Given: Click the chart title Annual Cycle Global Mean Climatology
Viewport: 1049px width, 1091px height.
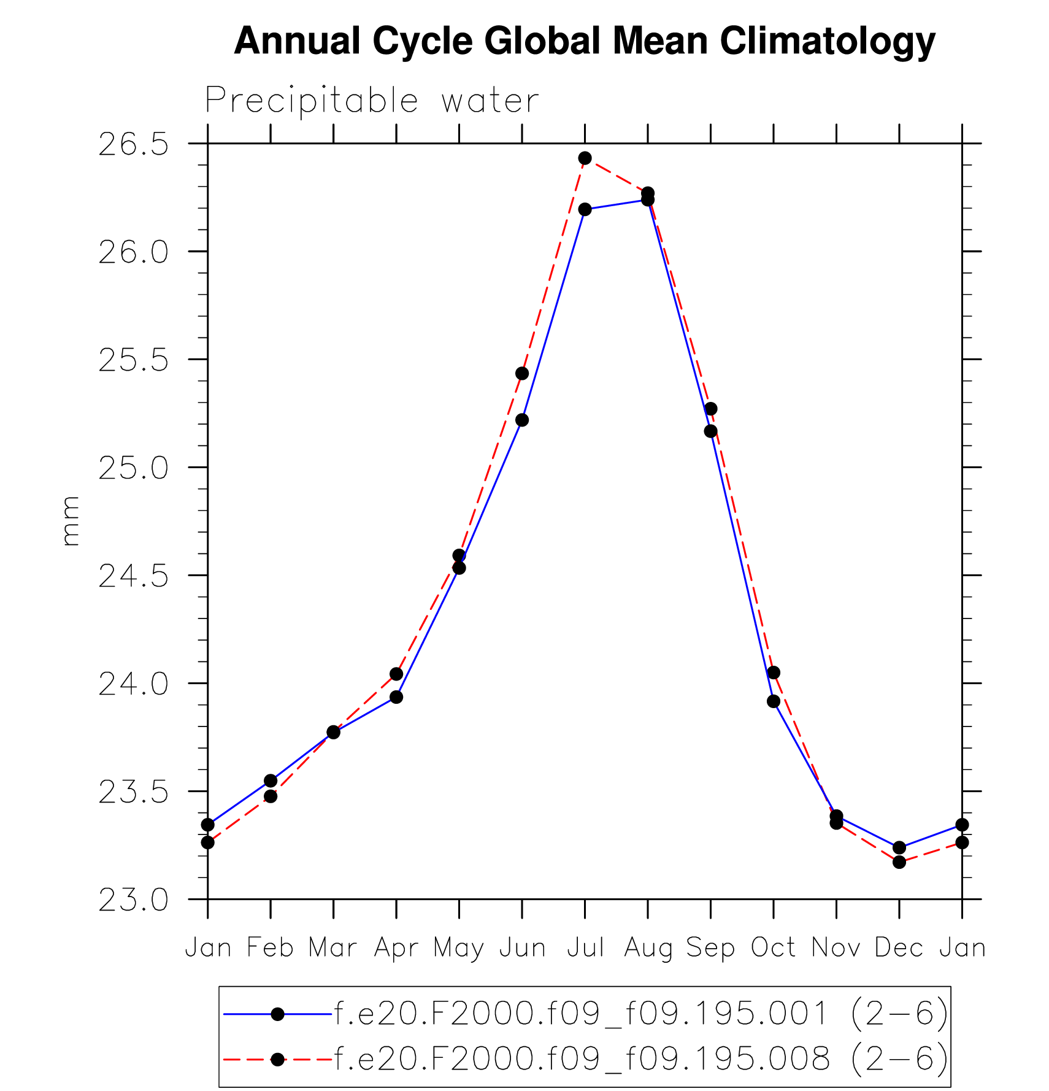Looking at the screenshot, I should [x=584, y=41].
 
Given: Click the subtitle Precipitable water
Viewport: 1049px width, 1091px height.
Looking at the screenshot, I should [x=372, y=101].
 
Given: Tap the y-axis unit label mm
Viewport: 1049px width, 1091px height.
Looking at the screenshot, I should [x=71, y=521].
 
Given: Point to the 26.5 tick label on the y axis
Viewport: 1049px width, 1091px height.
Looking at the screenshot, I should [x=133, y=145].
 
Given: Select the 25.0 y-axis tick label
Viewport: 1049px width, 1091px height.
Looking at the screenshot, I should [x=133, y=469].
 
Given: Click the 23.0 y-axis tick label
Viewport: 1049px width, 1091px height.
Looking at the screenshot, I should [x=133, y=901].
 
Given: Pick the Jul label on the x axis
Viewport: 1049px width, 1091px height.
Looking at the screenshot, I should [x=585, y=948].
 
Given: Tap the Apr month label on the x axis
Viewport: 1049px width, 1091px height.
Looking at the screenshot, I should [x=396, y=948].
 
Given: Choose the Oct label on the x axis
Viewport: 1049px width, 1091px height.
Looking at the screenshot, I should [x=774, y=948].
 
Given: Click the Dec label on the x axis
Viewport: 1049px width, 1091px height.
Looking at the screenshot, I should [x=899, y=948].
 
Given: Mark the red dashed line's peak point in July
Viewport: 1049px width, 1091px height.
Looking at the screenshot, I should [x=585, y=158].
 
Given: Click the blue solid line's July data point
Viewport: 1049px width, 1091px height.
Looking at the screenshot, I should [x=585, y=210].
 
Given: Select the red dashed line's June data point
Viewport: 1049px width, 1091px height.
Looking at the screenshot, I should [x=522, y=374].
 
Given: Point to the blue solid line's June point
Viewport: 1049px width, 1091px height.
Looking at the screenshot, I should [x=522, y=420].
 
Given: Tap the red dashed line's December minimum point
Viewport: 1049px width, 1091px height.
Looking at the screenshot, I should [x=899, y=862].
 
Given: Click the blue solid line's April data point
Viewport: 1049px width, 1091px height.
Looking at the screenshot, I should [x=396, y=697].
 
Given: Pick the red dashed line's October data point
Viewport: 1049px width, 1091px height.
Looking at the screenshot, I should [x=774, y=673].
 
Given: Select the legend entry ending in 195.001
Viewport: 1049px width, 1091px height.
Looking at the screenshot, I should [x=640, y=1014].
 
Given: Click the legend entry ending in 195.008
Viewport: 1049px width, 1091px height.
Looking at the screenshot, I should [x=640, y=1060].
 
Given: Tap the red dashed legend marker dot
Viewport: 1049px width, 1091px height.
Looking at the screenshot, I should [x=277, y=1060].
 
